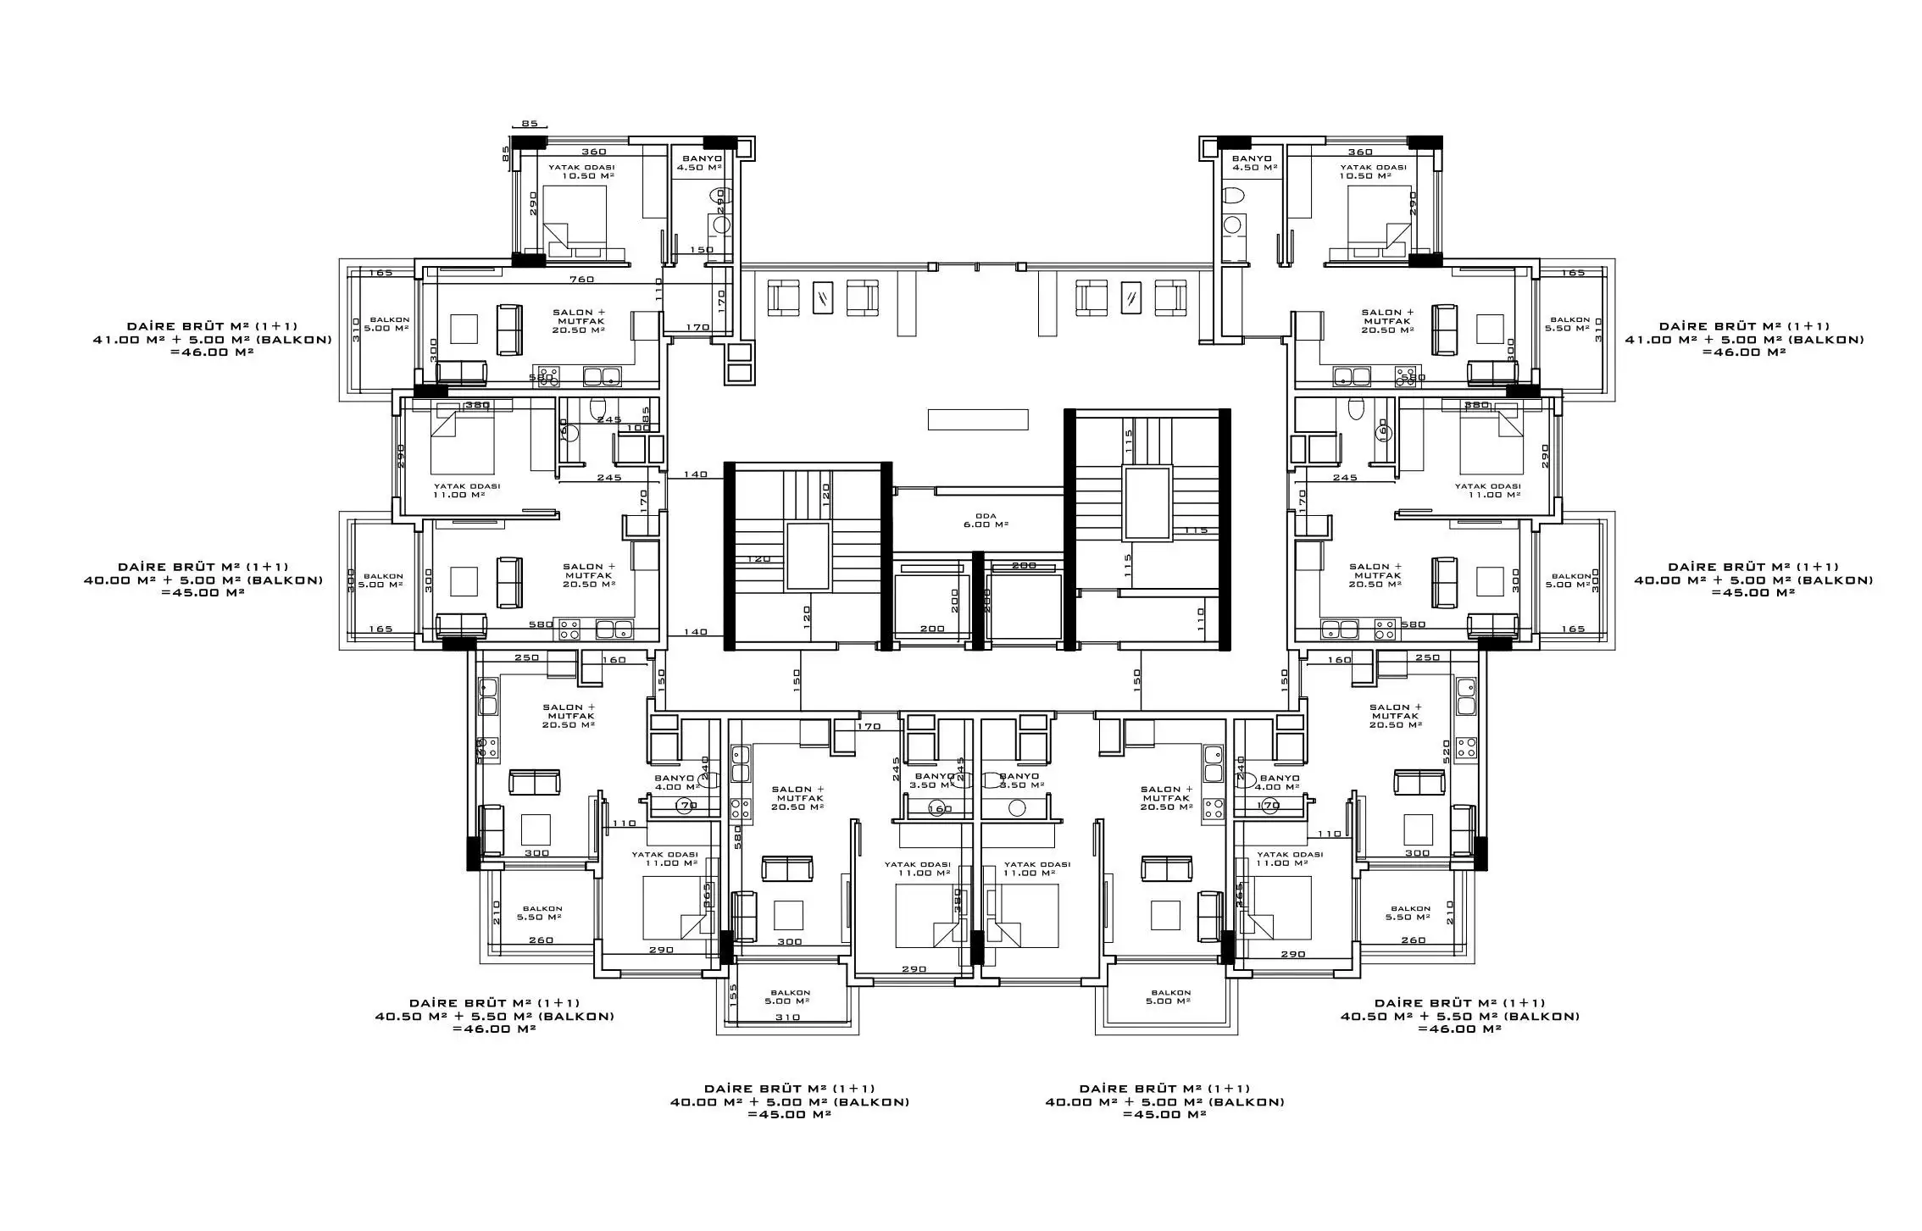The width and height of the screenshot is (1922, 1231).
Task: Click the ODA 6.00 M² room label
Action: [986, 520]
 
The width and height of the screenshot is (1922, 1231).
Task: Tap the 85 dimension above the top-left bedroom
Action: [529, 124]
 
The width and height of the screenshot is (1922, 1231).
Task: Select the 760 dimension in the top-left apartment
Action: [581, 280]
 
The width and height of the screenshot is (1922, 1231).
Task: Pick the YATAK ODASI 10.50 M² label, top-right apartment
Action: [1373, 171]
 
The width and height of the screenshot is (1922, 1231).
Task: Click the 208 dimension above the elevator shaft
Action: [1024, 565]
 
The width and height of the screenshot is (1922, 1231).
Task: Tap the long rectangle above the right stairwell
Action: [977, 419]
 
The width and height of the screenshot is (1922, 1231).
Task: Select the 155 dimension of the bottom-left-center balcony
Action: [734, 993]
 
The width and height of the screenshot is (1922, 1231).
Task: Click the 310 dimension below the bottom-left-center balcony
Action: [787, 1018]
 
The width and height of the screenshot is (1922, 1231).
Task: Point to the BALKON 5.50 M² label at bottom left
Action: [542, 912]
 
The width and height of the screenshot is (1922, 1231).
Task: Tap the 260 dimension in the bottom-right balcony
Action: [1413, 940]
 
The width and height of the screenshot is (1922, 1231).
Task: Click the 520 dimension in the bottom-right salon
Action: [1447, 747]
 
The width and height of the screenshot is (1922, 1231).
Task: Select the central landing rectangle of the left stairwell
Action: [808, 556]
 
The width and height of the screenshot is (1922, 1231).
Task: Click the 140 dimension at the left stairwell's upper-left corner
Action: [695, 474]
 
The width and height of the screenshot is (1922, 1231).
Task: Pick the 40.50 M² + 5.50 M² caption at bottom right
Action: [1459, 1016]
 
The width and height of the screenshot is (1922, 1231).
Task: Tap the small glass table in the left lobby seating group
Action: [822, 297]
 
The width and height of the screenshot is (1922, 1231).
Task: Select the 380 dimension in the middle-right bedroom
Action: [1477, 405]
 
